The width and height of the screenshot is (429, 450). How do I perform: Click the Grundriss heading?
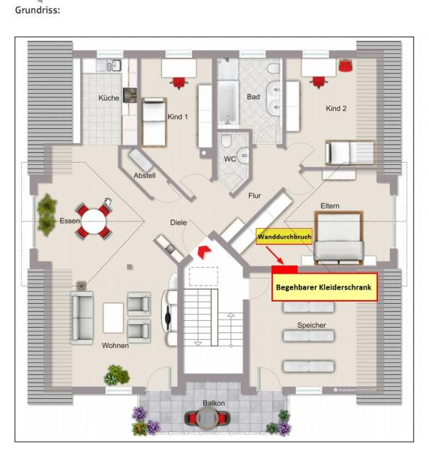(37, 10)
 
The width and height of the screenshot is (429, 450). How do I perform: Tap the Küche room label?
(109, 97)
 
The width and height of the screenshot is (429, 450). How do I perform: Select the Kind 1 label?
(177, 117)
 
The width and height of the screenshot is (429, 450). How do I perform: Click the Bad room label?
(253, 97)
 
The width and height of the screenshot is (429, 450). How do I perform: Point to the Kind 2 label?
(336, 109)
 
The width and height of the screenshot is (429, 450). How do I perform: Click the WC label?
(229, 159)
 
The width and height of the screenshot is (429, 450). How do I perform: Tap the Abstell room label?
(145, 175)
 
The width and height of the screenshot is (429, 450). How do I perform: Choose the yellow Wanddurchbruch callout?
(284, 236)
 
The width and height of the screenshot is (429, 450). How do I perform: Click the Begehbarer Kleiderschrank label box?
(324, 287)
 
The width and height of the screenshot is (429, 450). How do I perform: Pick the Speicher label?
(311, 325)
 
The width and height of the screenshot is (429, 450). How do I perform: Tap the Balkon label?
(214, 403)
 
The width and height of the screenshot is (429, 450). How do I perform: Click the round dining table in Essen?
(94, 221)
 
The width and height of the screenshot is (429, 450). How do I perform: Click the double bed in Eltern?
(338, 238)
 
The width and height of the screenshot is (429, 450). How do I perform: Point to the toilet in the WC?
(227, 140)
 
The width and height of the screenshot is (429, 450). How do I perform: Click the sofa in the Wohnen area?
(82, 318)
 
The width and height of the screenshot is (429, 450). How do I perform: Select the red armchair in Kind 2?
(346, 66)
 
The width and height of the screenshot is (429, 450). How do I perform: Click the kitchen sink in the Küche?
(114, 65)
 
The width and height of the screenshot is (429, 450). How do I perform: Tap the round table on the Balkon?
(207, 418)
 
